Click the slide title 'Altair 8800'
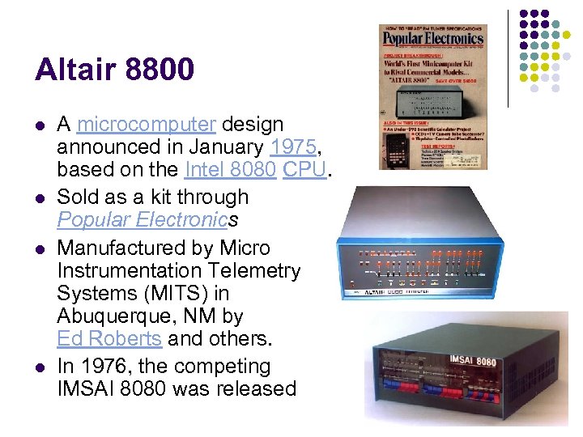click(114, 70)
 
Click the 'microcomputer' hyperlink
click(147, 125)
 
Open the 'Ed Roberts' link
click(109, 338)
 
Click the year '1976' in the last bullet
click(109, 367)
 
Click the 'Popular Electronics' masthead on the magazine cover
click(432, 38)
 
